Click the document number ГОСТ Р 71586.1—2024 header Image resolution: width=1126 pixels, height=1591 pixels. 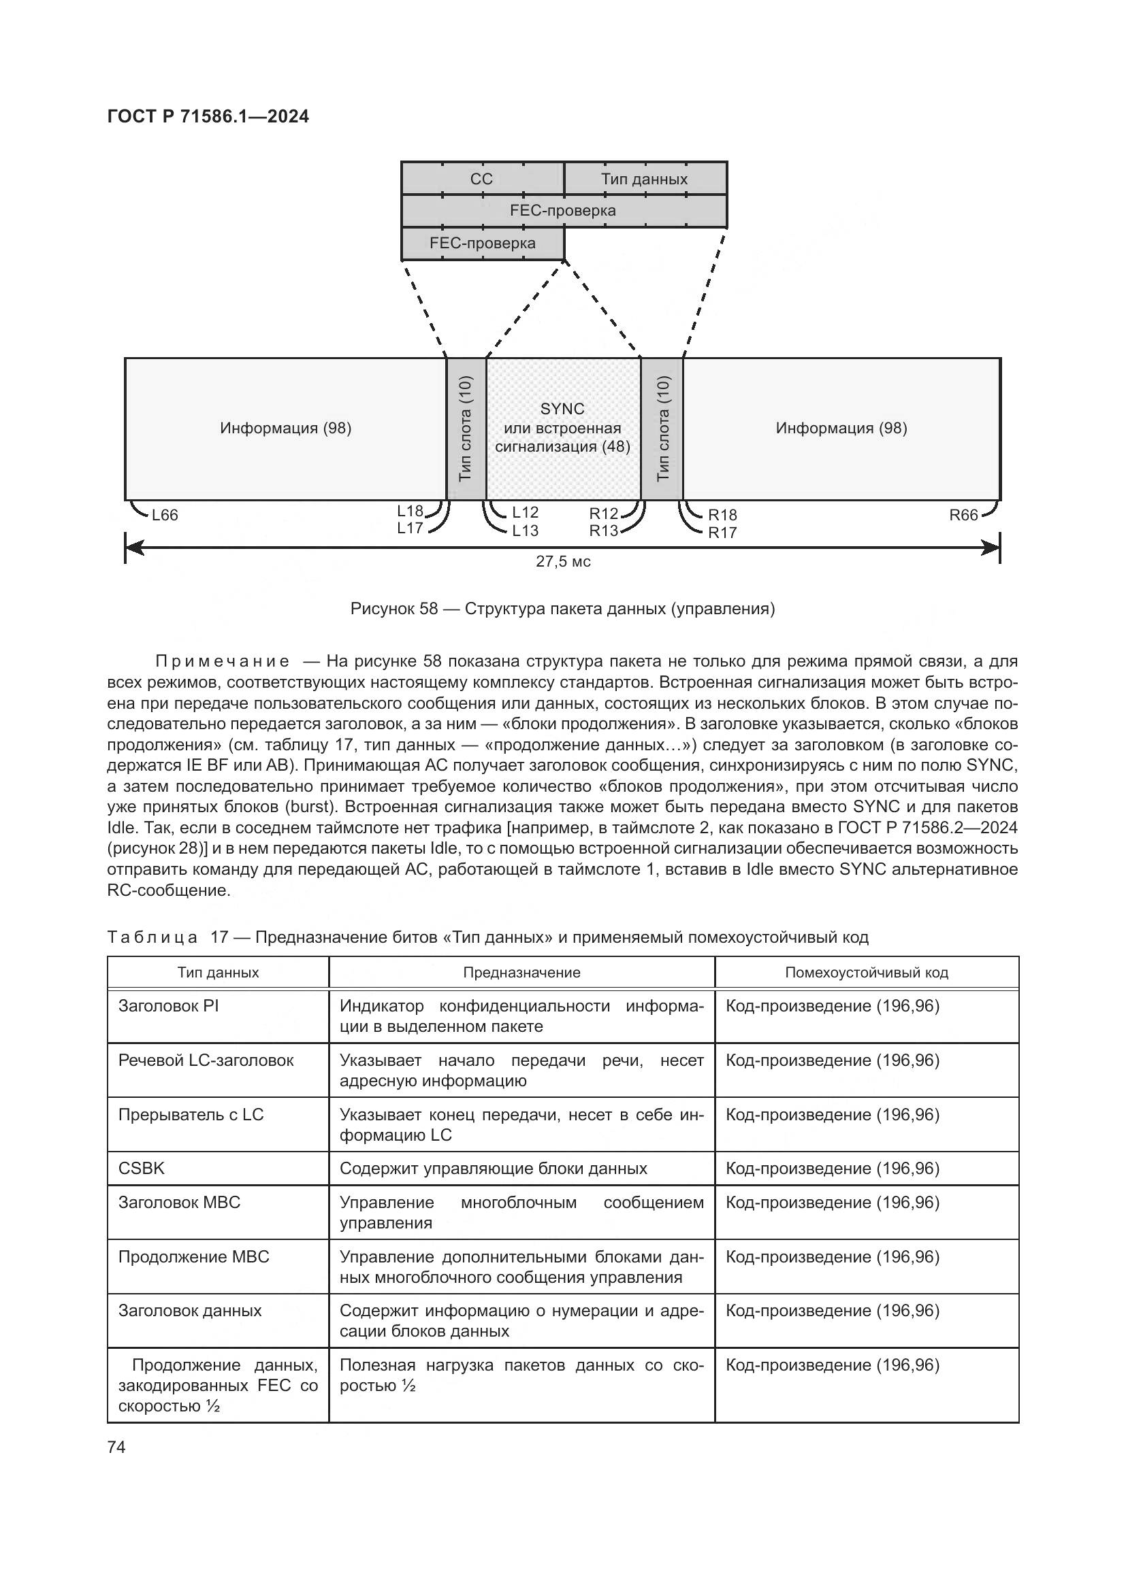coord(208,116)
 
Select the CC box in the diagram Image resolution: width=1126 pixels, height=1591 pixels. coord(481,179)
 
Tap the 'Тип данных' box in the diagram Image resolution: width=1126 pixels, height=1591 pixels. coord(644,179)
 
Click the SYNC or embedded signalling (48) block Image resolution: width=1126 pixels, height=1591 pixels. coord(562,428)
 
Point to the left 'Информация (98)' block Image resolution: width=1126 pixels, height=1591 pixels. coord(286,429)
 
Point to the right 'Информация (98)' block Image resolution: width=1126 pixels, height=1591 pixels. coord(841,429)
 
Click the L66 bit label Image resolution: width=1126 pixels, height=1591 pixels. coord(165,515)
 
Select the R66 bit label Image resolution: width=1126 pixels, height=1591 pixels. coord(963,515)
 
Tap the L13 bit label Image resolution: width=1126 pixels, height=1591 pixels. coord(525,531)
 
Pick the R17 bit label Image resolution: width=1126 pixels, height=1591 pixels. coord(722,533)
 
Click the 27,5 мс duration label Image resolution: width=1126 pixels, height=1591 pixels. coord(563,562)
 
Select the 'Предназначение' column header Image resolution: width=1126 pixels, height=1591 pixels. coord(521,972)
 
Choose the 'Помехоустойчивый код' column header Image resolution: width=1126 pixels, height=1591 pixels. coord(866,972)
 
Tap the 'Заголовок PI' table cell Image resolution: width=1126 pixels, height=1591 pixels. coord(168,1006)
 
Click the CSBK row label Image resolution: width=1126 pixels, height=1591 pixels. coord(142,1169)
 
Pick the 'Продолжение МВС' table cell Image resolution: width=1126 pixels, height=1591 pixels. coord(193,1257)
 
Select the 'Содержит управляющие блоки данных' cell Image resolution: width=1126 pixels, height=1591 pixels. coord(493,1169)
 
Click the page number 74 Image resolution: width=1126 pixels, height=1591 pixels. coord(116,1447)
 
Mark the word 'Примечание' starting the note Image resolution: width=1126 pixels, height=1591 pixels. coord(222,661)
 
